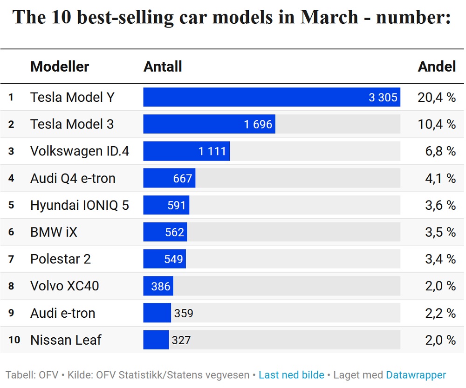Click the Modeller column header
click(60, 67)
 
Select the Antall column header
click(163, 67)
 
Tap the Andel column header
click(437, 67)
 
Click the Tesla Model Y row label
click(72, 97)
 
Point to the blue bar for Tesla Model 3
click(209, 124)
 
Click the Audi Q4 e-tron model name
click(73, 178)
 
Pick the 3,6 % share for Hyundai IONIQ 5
click(440, 205)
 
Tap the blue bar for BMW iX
click(165, 232)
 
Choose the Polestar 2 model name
click(60, 259)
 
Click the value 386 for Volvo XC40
click(160, 286)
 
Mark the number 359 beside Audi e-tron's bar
click(184, 313)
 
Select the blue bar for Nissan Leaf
click(156, 340)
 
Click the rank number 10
click(14, 340)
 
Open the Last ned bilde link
click(291, 375)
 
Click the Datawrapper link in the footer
click(416, 375)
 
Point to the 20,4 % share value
click(436, 97)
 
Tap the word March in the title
click(329, 17)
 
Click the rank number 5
click(11, 205)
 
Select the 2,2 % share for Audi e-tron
click(440, 313)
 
